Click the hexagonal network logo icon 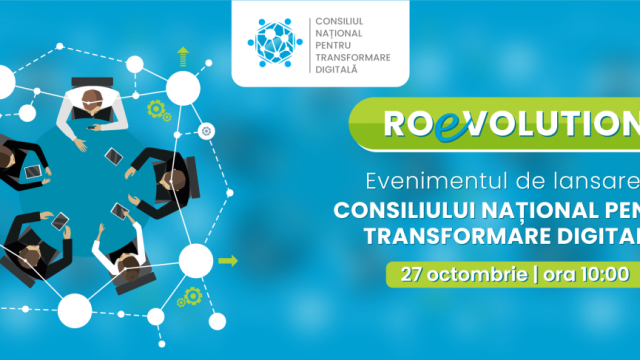[274, 43]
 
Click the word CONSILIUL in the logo [339, 22]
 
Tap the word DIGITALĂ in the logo [336, 69]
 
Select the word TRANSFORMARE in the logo [353, 57]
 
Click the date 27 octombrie [464, 274]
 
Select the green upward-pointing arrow [183, 56]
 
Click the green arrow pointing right [228, 261]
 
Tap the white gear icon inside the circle [206, 131]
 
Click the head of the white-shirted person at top [91, 99]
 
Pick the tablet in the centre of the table [114, 156]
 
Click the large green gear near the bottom [192, 296]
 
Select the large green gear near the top [156, 108]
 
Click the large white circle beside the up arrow [183, 88]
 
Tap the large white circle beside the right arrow [196, 260]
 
